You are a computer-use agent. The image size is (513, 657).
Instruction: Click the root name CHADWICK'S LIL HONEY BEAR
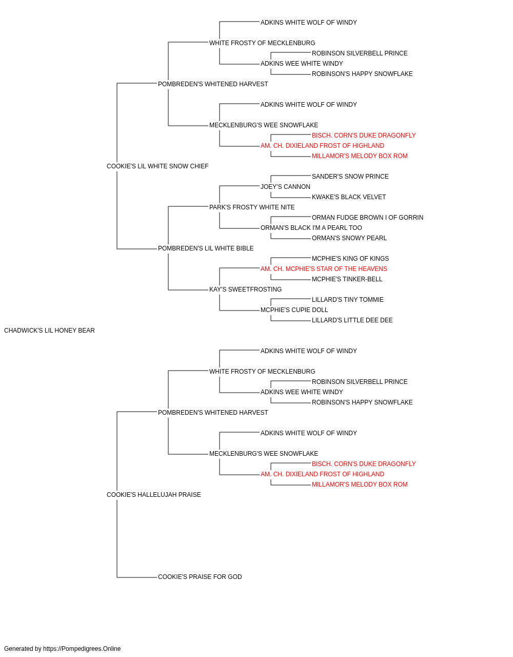tap(49, 331)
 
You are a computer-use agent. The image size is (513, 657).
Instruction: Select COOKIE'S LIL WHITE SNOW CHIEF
tap(157, 166)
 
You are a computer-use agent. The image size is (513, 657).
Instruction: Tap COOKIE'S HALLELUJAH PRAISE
tap(153, 495)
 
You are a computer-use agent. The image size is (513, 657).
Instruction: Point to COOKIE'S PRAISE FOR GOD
tap(200, 577)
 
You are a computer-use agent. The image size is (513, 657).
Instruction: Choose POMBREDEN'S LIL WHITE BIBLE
tap(205, 248)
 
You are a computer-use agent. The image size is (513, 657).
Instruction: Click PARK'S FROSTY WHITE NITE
tap(252, 207)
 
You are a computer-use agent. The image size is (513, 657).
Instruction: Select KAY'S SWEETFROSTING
tap(245, 289)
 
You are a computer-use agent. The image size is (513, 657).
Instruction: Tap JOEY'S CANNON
tap(285, 186)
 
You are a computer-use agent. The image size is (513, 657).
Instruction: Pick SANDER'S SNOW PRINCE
tap(350, 176)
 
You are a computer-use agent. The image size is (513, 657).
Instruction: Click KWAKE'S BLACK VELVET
tap(349, 197)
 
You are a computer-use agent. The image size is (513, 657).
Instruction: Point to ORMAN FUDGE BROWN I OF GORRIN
tap(367, 218)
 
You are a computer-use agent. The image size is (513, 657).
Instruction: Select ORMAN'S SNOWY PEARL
tap(349, 238)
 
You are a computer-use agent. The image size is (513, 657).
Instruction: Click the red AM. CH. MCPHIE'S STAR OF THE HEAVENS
tap(324, 269)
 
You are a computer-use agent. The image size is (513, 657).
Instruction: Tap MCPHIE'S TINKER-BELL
tap(347, 279)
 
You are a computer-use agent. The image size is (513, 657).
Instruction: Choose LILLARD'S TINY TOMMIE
tap(347, 300)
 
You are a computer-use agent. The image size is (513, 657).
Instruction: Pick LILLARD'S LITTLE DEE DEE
tap(352, 320)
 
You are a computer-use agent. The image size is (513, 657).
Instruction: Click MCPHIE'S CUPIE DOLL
tap(294, 310)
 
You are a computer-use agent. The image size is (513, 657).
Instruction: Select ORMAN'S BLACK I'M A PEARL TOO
tap(311, 228)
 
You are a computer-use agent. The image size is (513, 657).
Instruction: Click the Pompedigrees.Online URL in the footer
tap(82, 649)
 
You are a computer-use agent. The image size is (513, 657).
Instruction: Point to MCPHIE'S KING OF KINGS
tap(350, 259)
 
